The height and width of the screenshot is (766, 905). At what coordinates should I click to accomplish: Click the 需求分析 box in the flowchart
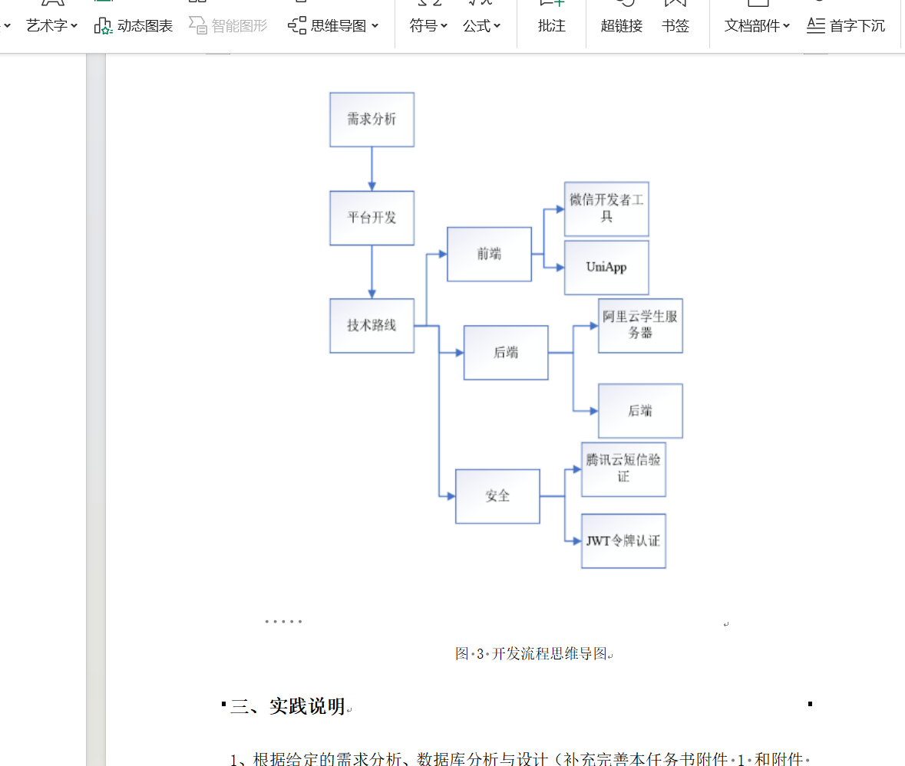(372, 120)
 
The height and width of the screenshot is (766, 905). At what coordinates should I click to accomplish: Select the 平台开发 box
(372, 218)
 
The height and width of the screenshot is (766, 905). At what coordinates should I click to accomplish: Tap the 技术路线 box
(372, 325)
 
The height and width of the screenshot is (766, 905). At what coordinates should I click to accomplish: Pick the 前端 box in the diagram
(489, 254)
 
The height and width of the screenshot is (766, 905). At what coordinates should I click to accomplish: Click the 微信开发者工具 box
(606, 209)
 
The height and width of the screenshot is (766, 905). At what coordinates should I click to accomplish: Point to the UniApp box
(606, 268)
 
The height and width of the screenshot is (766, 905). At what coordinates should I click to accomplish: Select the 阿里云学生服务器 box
(640, 325)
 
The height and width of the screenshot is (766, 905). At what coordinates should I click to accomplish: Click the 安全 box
(497, 496)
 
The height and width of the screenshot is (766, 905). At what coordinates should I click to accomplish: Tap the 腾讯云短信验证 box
(623, 468)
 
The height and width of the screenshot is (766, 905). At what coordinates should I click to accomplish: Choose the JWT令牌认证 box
(623, 541)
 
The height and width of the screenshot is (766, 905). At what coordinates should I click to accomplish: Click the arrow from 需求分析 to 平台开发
(372, 169)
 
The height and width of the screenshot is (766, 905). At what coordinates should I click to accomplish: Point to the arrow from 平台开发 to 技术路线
(372, 272)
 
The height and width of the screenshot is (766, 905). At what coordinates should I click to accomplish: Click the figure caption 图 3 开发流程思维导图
(533, 654)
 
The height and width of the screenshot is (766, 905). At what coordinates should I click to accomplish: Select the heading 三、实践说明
(288, 706)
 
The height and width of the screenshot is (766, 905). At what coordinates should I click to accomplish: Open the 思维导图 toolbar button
(334, 25)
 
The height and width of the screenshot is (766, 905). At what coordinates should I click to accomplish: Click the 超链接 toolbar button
(621, 25)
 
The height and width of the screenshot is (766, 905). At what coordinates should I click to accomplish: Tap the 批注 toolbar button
(551, 25)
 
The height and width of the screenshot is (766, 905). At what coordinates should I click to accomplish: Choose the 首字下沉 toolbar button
(846, 25)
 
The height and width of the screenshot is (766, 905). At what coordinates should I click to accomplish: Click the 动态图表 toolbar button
(134, 25)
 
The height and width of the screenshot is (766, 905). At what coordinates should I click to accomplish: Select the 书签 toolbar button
(675, 25)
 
